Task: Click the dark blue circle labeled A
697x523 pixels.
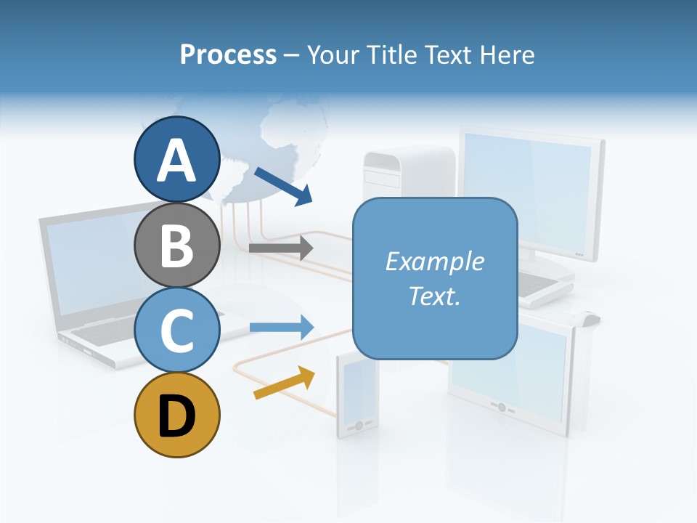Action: pyautogui.click(x=176, y=159)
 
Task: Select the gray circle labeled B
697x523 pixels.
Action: pyautogui.click(x=176, y=245)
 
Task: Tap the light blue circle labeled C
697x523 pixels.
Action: pyautogui.click(x=176, y=330)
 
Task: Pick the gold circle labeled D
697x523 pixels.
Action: pyautogui.click(x=176, y=415)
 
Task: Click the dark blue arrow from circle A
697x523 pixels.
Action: pyautogui.click(x=283, y=186)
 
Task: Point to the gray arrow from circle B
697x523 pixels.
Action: pyautogui.click(x=280, y=248)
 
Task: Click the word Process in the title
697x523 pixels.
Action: pyautogui.click(x=228, y=54)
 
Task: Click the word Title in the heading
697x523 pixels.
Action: pyautogui.click(x=390, y=54)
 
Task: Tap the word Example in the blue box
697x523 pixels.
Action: pyautogui.click(x=434, y=261)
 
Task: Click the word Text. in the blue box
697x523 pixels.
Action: pyautogui.click(x=434, y=296)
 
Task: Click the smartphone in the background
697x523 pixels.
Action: pyautogui.click(x=357, y=396)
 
